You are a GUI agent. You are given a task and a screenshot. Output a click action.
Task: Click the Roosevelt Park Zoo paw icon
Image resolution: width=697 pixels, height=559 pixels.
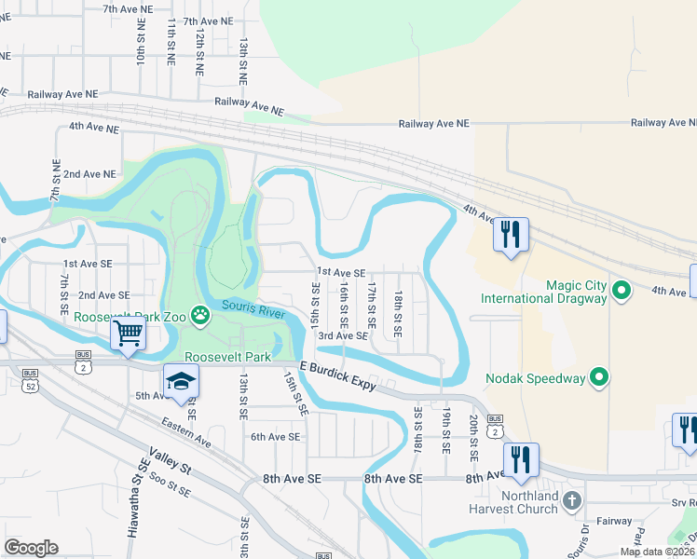[200, 316]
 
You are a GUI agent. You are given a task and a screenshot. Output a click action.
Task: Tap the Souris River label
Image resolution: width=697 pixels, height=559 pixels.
[253, 308]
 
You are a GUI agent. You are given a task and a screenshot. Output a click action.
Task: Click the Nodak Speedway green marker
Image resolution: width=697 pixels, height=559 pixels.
[599, 377]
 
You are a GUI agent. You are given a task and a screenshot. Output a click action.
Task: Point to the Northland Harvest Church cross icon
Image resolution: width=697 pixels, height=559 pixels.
[571, 500]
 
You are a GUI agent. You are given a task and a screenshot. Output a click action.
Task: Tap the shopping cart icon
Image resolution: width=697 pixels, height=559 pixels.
[128, 333]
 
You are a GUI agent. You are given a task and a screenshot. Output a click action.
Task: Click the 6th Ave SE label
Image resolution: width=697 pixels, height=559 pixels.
[275, 436]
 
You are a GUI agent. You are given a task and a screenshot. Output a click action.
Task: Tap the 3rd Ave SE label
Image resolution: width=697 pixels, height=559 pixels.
[342, 335]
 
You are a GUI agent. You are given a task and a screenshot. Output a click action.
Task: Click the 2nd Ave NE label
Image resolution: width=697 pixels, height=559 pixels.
[89, 173]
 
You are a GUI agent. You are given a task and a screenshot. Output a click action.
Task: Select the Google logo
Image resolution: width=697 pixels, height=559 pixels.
[31, 548]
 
